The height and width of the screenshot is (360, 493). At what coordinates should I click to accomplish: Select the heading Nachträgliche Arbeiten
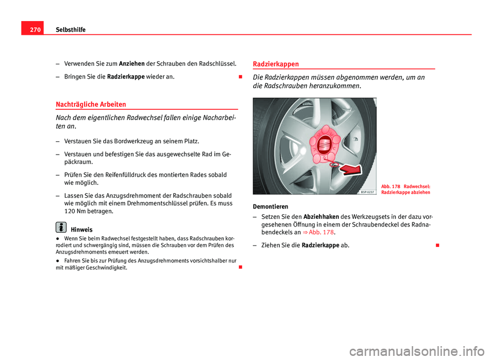pos(94,104)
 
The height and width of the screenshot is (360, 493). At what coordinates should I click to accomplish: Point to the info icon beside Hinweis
pos(61,227)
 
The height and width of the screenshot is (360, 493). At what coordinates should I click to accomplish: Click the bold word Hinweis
pos(82,230)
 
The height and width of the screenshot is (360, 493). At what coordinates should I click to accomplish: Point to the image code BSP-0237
pos(367,191)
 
